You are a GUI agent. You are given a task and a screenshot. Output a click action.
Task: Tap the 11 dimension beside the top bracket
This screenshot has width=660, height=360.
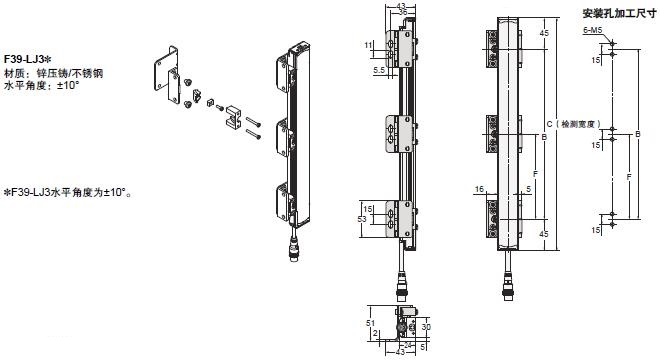coord(368,44)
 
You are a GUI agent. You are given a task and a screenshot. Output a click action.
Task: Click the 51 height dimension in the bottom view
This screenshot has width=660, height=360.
coord(369,324)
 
